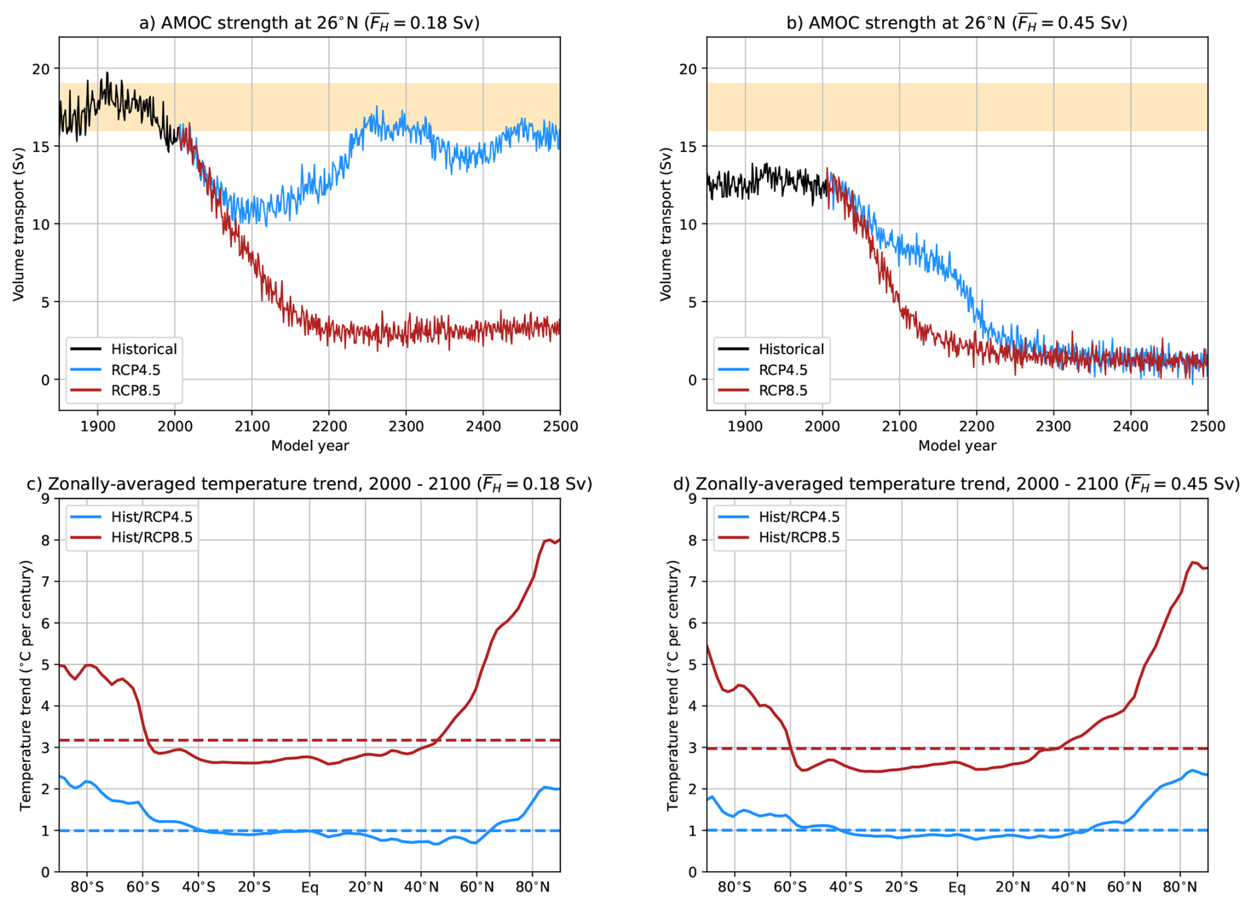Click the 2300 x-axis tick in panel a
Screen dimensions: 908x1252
click(x=406, y=427)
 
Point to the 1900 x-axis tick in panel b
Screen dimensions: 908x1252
click(x=745, y=427)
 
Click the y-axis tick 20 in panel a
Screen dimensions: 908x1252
click(x=42, y=69)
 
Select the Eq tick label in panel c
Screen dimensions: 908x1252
click(x=310, y=887)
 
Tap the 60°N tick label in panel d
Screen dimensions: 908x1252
click(x=1124, y=887)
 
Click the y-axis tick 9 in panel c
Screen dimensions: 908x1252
click(x=46, y=499)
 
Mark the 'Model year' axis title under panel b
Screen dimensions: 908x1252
click(x=957, y=446)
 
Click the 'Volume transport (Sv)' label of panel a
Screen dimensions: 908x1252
click(x=19, y=224)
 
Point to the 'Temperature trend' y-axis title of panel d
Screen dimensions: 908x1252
click(x=673, y=685)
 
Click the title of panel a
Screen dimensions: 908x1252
click(x=309, y=23)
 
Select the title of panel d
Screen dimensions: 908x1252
click(x=956, y=484)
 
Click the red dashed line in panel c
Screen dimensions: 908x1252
click(x=265, y=740)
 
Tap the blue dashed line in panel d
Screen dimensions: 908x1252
click(x=926, y=830)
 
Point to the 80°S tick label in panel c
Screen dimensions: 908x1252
click(x=87, y=887)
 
